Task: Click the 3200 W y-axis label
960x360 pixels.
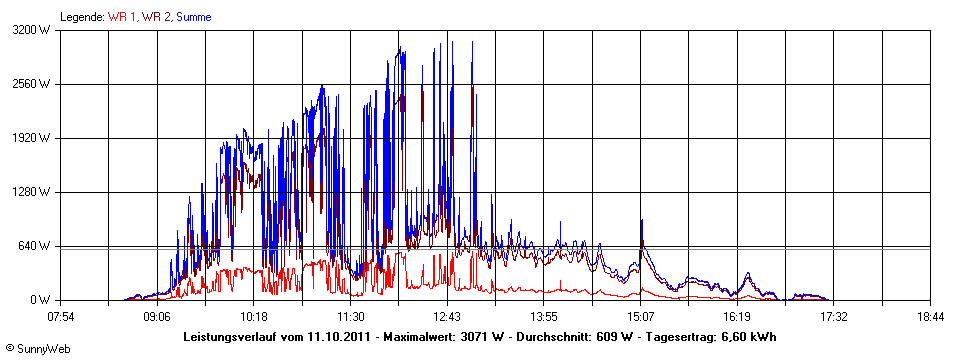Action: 36,30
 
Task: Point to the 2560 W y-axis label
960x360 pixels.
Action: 36,84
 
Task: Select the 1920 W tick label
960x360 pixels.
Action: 36,138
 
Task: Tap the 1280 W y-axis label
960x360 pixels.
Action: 36,192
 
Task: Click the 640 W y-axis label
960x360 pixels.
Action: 39,246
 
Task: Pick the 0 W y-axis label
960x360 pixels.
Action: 43,300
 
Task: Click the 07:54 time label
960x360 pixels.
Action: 61,317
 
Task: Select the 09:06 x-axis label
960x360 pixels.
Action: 157,317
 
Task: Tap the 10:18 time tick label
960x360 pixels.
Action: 254,317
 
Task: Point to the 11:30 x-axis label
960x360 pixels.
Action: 350,317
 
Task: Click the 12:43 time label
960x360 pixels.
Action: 447,317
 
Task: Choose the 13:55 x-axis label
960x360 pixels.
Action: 543,317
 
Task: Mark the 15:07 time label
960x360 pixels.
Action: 640,317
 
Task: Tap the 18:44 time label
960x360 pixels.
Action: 930,317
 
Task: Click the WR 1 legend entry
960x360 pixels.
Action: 122,17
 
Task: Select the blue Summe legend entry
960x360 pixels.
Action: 193,17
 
